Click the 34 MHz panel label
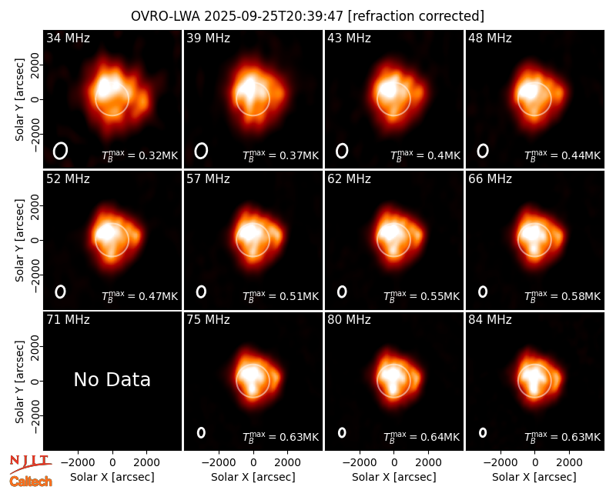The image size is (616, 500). [x=68, y=38]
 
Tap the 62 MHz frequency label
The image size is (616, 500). [x=350, y=179]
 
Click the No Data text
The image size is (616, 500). [x=112, y=379]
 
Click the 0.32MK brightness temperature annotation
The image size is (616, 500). [x=140, y=155]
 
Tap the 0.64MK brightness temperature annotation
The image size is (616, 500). [x=421, y=437]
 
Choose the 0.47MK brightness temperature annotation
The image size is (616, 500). [x=140, y=296]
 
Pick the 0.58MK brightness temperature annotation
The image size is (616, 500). [x=563, y=296]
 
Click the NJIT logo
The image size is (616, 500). [x=31, y=463]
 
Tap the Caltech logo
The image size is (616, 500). [x=31, y=482]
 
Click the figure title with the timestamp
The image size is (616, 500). [x=307, y=16]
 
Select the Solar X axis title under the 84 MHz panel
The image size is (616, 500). [x=534, y=477]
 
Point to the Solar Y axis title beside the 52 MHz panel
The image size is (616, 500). [x=20, y=240]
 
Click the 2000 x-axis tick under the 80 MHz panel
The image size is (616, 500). [x=429, y=463]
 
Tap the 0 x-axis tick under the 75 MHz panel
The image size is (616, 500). [x=253, y=463]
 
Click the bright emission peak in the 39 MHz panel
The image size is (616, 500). [x=248, y=87]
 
